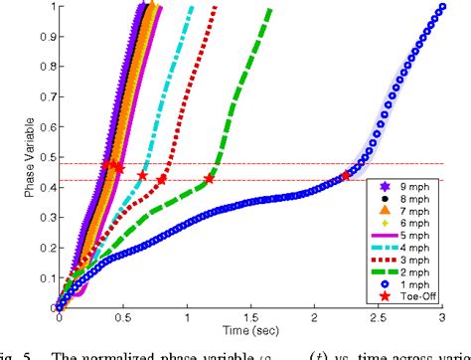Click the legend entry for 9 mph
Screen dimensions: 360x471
(x=402, y=186)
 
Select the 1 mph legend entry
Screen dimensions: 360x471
(x=402, y=283)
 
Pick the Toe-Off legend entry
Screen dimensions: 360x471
(x=402, y=295)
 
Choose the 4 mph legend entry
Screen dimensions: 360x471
(x=402, y=247)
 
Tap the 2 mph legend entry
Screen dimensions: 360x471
(x=402, y=271)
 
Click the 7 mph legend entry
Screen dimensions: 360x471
(x=402, y=210)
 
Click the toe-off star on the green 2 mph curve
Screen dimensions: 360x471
(x=209, y=180)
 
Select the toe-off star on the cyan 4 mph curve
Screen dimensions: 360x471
(x=141, y=176)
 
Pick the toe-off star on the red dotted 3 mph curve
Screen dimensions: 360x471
(x=162, y=180)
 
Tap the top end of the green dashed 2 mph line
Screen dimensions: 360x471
(x=269, y=9)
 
